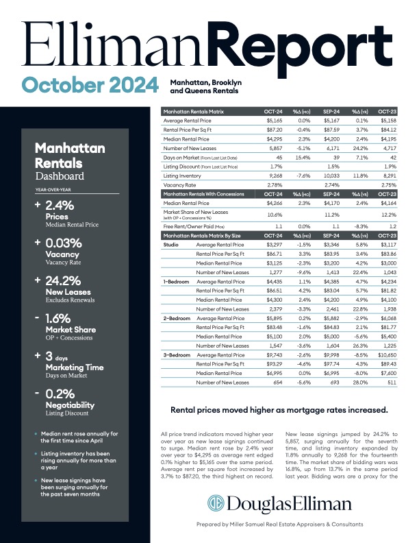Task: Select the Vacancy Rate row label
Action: [179, 185]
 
